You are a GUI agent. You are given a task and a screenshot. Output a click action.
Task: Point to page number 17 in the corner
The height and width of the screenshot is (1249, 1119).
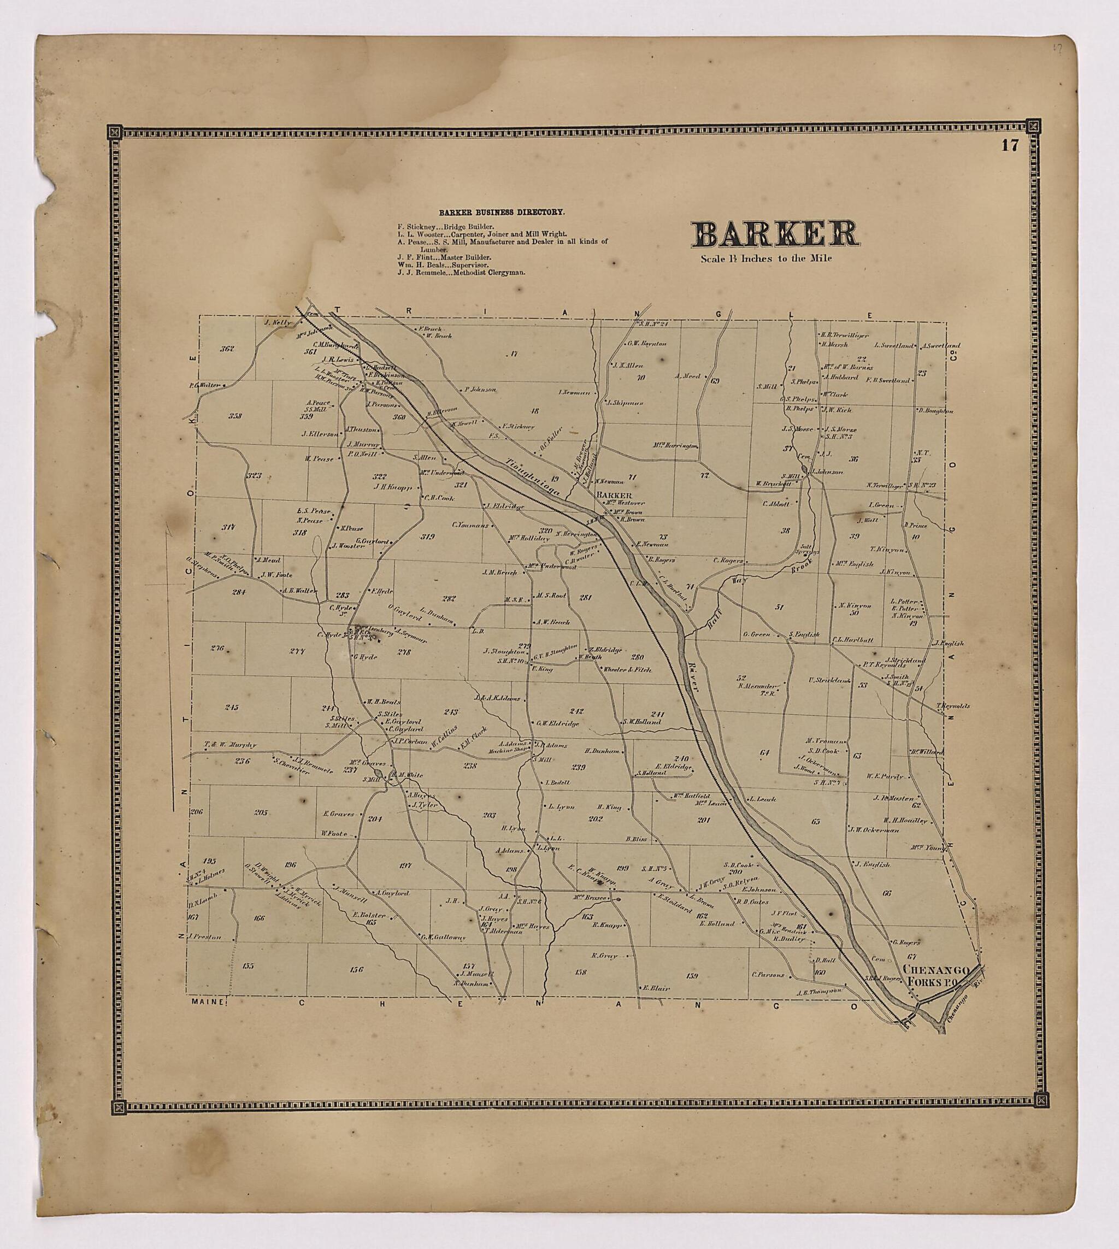tap(1010, 146)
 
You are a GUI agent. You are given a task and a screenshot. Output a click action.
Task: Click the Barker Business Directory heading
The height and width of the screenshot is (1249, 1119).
tap(502, 212)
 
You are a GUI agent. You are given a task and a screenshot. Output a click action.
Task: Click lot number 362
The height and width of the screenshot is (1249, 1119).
tap(227, 349)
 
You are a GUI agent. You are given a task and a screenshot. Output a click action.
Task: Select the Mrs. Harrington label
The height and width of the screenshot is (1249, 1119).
tap(676, 445)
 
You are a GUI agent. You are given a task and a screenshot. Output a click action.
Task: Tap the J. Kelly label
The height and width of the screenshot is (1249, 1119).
tap(276, 321)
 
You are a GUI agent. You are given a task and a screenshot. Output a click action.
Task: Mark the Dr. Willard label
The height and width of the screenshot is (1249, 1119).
tap(927, 752)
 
